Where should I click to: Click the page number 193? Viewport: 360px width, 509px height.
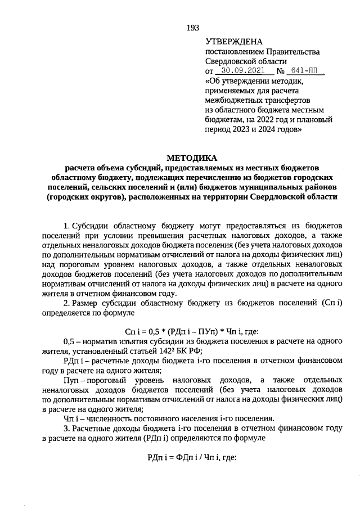click(192, 28)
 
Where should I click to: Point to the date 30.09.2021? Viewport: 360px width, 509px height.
click(244, 71)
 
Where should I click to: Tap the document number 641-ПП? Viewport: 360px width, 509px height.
click(305, 71)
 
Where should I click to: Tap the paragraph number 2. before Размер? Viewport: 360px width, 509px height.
click(67, 303)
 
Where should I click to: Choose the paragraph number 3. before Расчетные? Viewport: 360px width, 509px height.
click(67, 428)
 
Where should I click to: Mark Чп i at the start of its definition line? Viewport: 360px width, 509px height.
click(71, 418)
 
